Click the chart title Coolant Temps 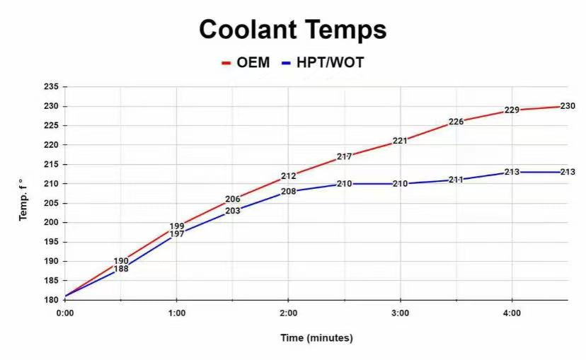coord(292,30)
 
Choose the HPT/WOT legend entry coord(323,62)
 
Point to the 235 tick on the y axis coord(51,86)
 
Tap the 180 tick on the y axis coord(51,300)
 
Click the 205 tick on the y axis coord(51,203)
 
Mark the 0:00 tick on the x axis coord(65,313)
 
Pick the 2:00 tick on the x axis coord(288,313)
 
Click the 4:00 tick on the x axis coord(512,313)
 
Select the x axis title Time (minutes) coord(316,338)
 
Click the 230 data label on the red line coord(568,106)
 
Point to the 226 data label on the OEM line coord(456,122)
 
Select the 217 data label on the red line coord(344,156)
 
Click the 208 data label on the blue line coord(288,191)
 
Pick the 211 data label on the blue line coord(456,180)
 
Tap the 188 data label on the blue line coord(121,269)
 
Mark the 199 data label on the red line coord(177,226)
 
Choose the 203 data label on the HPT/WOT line coord(233,211)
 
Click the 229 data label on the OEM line coord(512,110)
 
